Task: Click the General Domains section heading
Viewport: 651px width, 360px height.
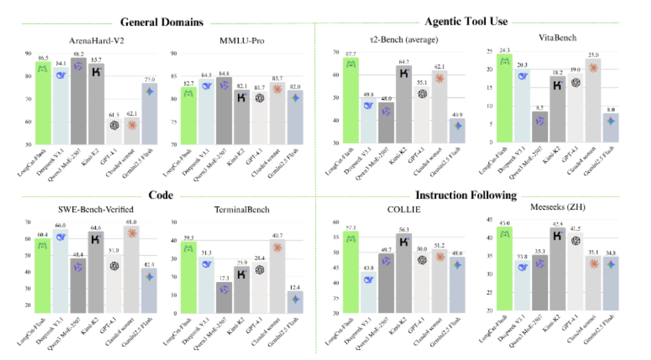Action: click(161, 22)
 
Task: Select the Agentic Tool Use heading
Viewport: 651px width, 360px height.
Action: click(466, 21)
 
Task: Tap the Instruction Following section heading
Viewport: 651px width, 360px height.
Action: click(466, 195)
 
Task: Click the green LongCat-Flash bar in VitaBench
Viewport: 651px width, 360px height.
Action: click(505, 102)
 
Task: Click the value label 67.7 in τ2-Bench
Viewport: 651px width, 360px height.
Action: click(351, 53)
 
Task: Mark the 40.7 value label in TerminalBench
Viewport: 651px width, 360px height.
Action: click(277, 235)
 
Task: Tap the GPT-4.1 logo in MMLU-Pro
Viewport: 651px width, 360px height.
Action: click(260, 98)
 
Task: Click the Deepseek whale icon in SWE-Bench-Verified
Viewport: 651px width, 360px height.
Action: click(60, 237)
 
